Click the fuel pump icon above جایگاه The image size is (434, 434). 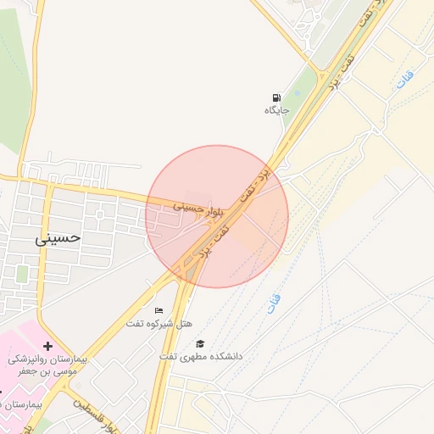[276, 97]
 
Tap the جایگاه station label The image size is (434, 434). [276, 110]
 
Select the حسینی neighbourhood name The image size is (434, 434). [58, 237]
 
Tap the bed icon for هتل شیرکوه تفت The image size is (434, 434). [158, 311]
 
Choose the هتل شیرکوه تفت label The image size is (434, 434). [159, 324]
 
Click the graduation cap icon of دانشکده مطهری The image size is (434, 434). [200, 343]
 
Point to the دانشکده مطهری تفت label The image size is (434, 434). [201, 356]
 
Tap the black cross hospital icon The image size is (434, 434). [47, 346]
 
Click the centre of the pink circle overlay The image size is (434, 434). [217, 216]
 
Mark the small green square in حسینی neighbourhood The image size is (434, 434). [22, 274]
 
